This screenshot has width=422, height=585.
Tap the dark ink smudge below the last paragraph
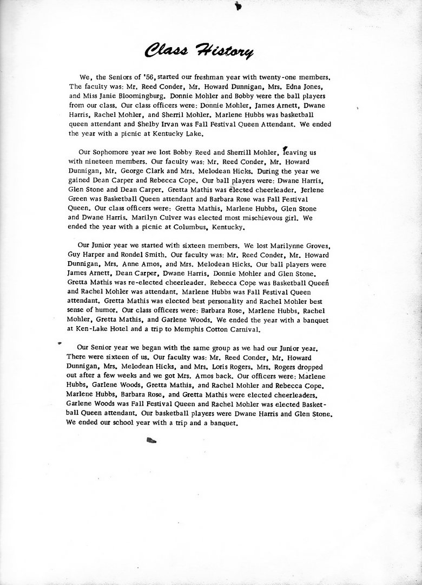(151, 441)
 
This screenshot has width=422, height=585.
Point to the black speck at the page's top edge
(238, 6)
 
